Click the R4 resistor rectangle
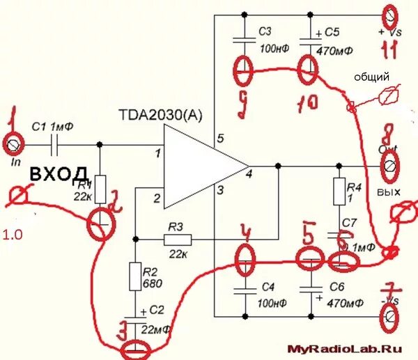coord(339,191)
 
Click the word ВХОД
coord(59,173)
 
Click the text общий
coord(371,77)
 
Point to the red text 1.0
coord(12,235)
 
